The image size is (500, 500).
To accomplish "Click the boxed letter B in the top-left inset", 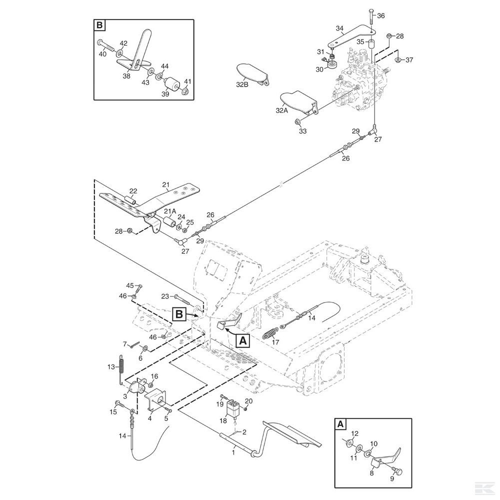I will point(99,25).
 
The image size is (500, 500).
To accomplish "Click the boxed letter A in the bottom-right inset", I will point(340,424).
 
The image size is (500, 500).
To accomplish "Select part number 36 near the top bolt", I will point(380,16).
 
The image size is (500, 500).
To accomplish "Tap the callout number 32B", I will point(242,85).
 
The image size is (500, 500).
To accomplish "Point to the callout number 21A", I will point(170,212).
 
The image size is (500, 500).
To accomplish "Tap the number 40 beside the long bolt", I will point(102,54).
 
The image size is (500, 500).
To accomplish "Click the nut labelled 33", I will point(297,122).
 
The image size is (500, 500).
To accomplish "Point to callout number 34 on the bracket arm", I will point(339,28).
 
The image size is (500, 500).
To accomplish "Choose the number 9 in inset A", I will point(392,478).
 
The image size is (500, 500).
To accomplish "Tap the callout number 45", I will point(130,285).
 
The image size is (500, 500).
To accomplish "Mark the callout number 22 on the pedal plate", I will point(133,191).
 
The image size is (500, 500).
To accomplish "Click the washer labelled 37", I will point(397,59).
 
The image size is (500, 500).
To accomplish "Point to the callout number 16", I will point(154,376).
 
